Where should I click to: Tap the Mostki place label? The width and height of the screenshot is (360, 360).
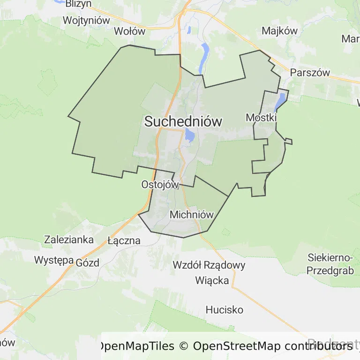point(261,117)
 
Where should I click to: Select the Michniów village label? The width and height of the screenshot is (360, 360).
point(192,215)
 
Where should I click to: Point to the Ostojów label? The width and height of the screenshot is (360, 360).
point(160,185)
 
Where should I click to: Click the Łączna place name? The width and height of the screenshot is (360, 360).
point(124,240)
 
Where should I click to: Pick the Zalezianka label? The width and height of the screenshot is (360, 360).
point(69,239)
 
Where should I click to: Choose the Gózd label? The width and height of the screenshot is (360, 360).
point(88,262)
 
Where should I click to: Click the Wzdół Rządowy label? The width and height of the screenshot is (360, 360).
point(209,265)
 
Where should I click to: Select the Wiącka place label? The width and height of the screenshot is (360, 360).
point(212,280)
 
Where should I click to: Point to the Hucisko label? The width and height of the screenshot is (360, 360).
point(225,310)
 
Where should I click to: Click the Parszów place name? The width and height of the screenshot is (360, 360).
point(310,73)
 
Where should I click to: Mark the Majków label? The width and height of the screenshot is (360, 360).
point(280,31)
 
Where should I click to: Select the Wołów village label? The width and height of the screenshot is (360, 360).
point(130,31)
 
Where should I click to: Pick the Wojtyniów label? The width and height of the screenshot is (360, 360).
point(86,21)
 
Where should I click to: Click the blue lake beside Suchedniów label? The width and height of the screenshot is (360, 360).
point(190,135)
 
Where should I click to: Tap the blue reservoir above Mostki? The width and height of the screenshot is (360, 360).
point(281,99)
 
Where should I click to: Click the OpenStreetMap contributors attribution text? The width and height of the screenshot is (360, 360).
point(273,346)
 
